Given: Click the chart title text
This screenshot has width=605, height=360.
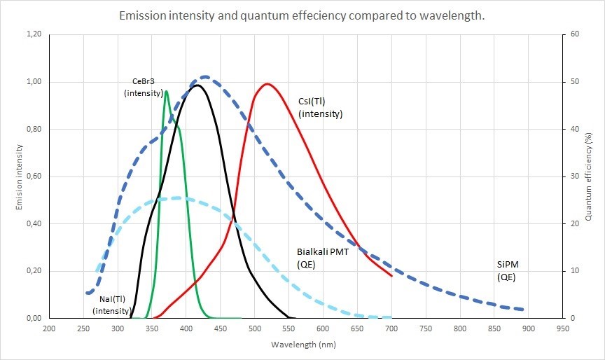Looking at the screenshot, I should click(302, 15).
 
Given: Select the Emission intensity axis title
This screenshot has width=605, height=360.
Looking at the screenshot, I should click(21, 176).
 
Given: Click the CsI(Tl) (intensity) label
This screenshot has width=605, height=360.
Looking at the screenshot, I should click(320, 107).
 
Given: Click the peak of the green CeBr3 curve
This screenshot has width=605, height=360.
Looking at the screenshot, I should click(166, 90).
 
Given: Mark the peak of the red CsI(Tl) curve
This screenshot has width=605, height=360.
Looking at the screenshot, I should click(267, 84).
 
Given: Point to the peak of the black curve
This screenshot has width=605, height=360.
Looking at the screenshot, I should click(197, 85).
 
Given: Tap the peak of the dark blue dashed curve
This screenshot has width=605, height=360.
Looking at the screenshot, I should click(204, 76).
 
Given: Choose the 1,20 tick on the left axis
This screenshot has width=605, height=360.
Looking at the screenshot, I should click(32, 34).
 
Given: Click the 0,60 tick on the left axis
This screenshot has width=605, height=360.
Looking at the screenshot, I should click(32, 176).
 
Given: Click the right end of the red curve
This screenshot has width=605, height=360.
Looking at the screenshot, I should click(391, 276).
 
